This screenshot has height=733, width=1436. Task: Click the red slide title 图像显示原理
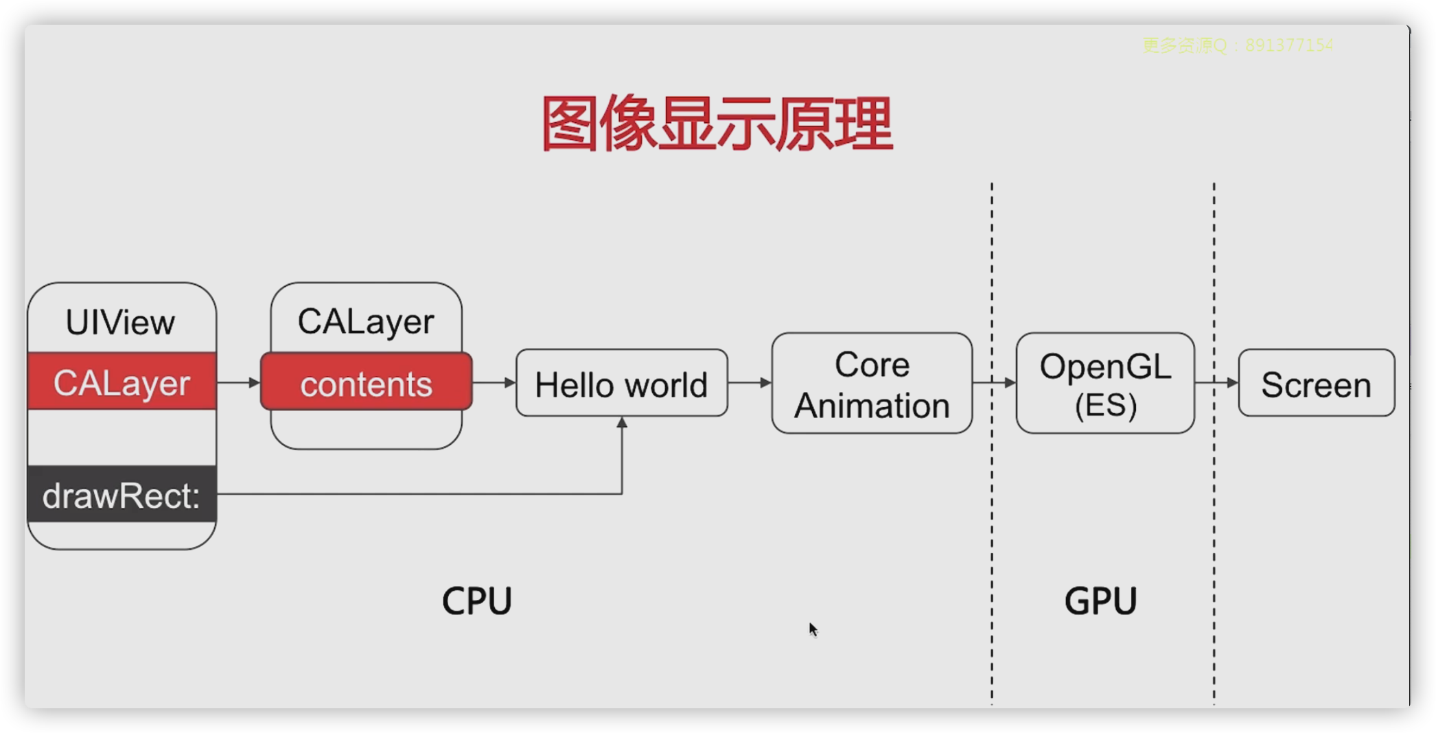tap(717, 124)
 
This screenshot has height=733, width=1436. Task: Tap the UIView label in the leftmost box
tap(120, 323)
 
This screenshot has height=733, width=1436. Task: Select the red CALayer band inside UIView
tap(122, 382)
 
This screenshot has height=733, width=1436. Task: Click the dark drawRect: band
tap(122, 495)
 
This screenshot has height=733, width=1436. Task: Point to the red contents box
tap(366, 383)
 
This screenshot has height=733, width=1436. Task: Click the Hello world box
tap(621, 384)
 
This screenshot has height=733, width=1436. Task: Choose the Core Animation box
tap(872, 384)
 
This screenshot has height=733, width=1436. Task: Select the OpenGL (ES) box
tap(1105, 384)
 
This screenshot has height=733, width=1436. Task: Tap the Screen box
tap(1316, 384)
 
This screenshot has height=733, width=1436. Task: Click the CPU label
tap(477, 601)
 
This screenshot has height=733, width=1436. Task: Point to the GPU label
tap(1100, 601)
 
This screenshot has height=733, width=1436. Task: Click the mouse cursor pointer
tap(813, 629)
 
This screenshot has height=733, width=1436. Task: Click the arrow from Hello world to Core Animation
tap(750, 382)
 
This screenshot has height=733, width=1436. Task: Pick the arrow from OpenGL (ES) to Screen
tap(1216, 382)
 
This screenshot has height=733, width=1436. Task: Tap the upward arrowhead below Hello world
tap(622, 423)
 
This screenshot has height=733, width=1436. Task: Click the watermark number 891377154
tap(1289, 45)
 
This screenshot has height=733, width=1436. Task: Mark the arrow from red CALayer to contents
tap(238, 382)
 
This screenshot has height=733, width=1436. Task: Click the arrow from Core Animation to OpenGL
tap(994, 382)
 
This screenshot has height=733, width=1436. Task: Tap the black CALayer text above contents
tap(366, 321)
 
